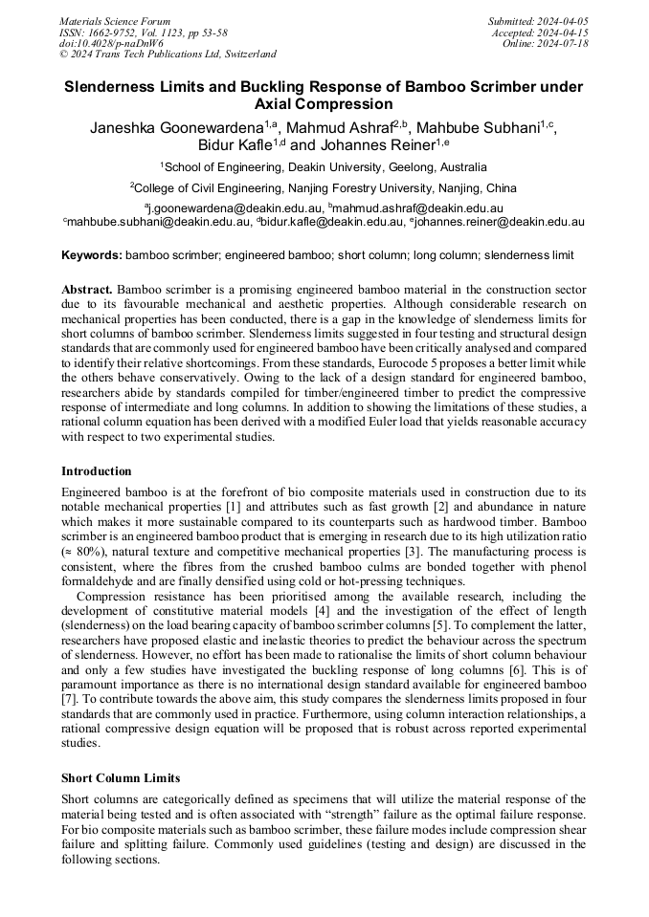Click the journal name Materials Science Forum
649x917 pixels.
coord(115,21)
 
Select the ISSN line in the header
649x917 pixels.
coord(144,33)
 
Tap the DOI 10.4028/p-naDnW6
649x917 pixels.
coord(111,43)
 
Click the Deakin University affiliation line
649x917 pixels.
coord(324,167)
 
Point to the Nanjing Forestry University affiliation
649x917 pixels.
coord(324,188)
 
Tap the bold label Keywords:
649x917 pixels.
coord(92,255)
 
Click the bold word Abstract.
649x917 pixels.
coord(87,289)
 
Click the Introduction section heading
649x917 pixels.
coord(97,471)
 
